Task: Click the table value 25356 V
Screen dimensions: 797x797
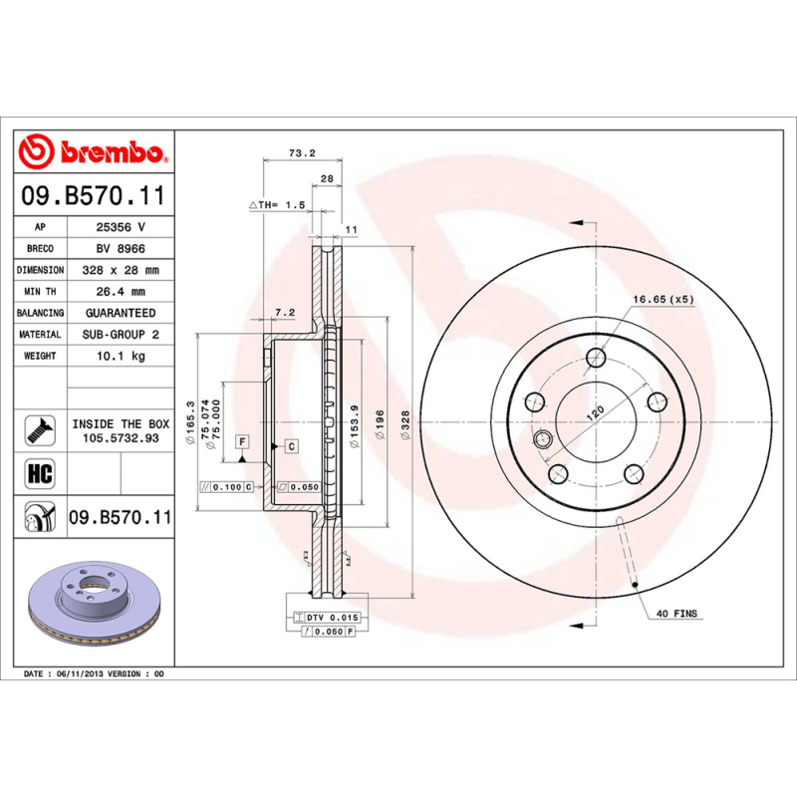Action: tap(121, 226)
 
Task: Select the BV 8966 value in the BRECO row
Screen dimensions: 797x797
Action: tap(121, 248)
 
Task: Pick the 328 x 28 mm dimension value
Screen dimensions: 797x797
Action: tap(121, 270)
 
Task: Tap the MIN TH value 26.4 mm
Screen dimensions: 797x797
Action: tap(121, 292)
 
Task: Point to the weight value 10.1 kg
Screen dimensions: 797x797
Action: tap(121, 356)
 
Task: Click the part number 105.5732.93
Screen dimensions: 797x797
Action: tap(121, 438)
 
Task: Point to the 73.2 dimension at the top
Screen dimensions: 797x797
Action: tap(301, 153)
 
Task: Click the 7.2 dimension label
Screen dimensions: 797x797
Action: tap(284, 313)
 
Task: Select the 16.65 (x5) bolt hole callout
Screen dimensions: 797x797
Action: tap(663, 299)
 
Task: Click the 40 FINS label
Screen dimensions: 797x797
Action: tap(677, 614)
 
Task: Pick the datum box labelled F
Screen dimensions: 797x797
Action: tap(241, 439)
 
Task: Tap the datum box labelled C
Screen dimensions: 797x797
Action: tap(291, 446)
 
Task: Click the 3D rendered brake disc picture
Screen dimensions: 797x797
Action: tap(95, 603)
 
